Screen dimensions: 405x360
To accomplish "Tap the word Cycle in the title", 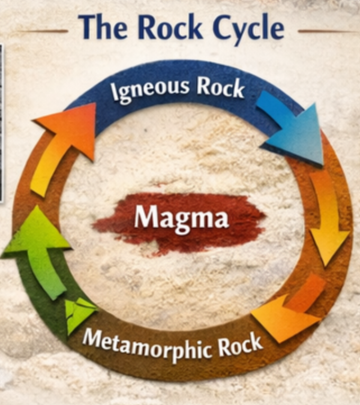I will point(242,29).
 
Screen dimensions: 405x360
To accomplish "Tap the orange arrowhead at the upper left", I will point(70,126).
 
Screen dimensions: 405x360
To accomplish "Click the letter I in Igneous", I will point(114,94).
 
